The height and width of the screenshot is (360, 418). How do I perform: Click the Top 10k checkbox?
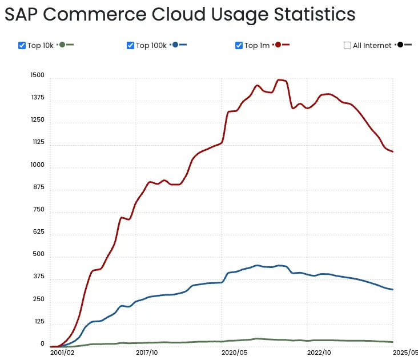pos(22,46)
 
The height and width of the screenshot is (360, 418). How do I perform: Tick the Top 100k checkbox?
pos(131,46)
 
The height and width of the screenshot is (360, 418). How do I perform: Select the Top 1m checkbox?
pos(239,46)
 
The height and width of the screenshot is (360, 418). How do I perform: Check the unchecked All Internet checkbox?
pos(348,46)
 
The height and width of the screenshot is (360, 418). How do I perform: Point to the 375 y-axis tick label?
pos(38,277)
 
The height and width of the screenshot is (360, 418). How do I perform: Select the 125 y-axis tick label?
pos(38,322)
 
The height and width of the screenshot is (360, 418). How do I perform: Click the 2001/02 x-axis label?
pos(63,353)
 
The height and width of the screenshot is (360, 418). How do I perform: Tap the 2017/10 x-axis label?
pos(147,353)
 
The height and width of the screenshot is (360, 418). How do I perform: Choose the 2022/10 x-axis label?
pos(319,353)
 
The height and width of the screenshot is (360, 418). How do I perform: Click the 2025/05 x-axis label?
pos(405,353)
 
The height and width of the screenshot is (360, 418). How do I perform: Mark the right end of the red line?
pos(393,151)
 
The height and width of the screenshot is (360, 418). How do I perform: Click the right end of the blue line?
pos(393,289)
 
